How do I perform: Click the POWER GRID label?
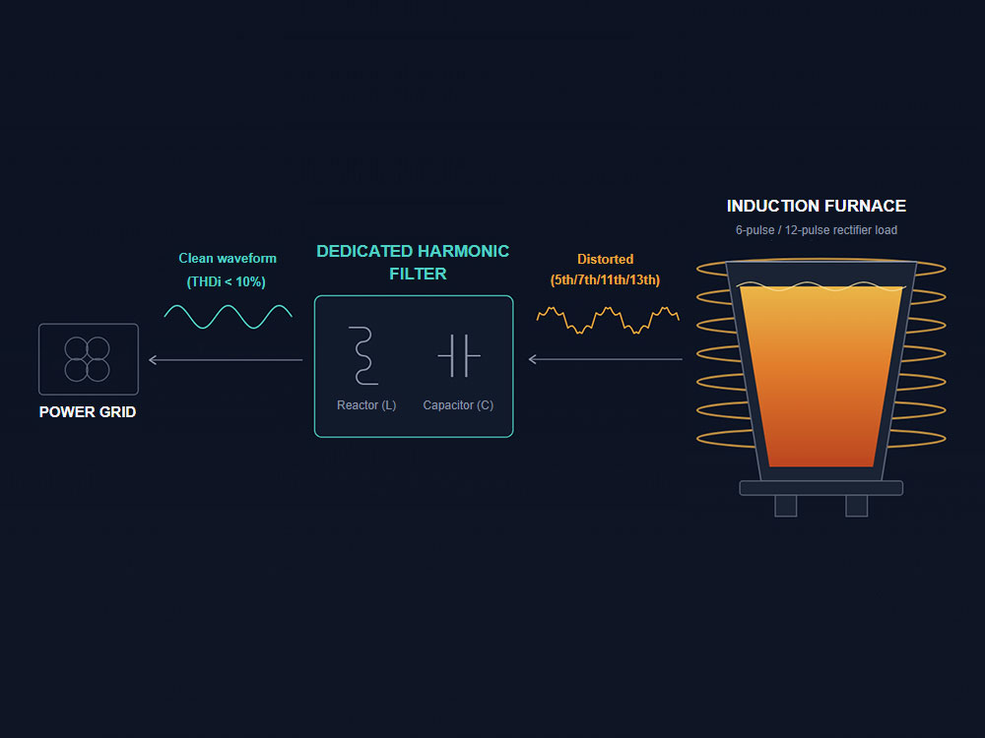88,411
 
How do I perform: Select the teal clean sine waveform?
229,316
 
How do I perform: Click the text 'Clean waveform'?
228,258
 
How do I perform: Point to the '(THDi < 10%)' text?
227,281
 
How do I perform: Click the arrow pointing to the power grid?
226,359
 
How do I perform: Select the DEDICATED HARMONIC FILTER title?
413,263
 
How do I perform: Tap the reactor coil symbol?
363,355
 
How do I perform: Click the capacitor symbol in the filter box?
459,356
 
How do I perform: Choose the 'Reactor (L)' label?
366,404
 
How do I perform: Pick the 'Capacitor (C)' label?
458,404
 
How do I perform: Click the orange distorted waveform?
608,320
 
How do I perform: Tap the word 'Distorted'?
605,259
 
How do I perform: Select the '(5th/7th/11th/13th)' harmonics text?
605,279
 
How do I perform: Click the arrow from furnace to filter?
606,359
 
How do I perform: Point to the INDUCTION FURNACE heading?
816,206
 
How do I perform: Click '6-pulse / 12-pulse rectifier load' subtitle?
816,229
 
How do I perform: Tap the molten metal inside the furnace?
821,377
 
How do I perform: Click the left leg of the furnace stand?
785,506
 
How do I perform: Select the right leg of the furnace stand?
856,506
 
